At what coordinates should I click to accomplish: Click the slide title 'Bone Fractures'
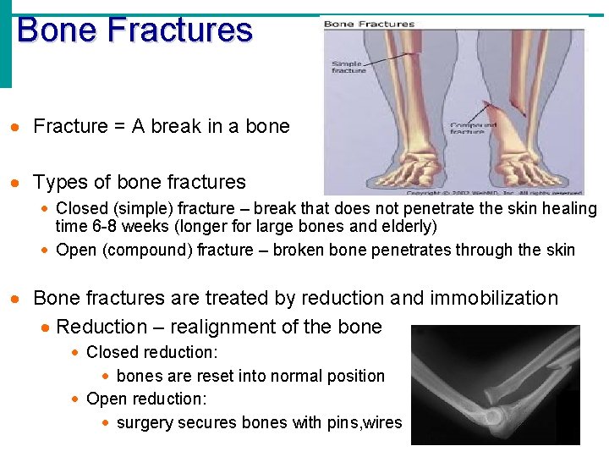[134, 30]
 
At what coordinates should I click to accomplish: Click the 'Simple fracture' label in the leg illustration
[348, 67]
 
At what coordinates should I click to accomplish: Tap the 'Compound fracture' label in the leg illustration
[473, 128]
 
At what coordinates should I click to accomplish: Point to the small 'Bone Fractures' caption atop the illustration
[370, 24]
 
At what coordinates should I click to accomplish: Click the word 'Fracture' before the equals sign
[70, 127]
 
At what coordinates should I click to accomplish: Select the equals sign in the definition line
[119, 127]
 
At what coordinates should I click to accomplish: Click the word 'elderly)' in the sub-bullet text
[409, 226]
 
